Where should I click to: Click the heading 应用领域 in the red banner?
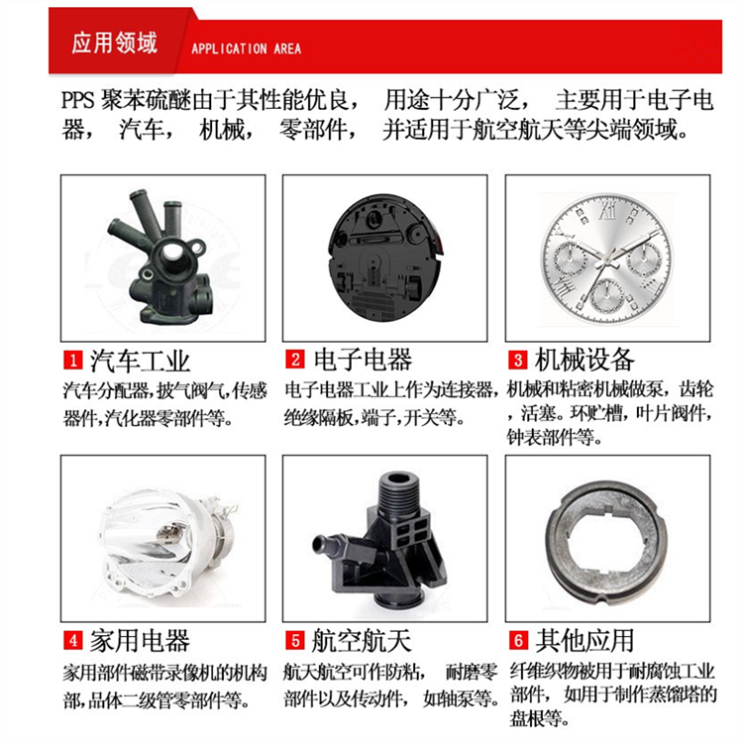[114, 44]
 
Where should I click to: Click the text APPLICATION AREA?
[246, 49]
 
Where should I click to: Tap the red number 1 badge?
[73, 361]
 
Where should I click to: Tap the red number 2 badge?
[295, 360]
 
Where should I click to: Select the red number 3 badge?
[517, 361]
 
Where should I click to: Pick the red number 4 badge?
[73, 641]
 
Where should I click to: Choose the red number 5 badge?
[295, 641]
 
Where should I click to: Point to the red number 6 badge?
[518, 641]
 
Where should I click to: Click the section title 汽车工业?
[140, 361]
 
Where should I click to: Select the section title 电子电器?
[363, 361]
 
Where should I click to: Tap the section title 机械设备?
[584, 361]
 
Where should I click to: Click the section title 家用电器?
[140, 641]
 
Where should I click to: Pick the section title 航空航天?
[361, 641]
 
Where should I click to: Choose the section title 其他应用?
[584, 641]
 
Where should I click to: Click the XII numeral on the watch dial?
[607, 210]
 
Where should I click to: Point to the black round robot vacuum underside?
[384, 259]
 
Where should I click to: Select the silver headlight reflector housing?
[165, 545]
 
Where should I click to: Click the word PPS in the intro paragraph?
[78, 100]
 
